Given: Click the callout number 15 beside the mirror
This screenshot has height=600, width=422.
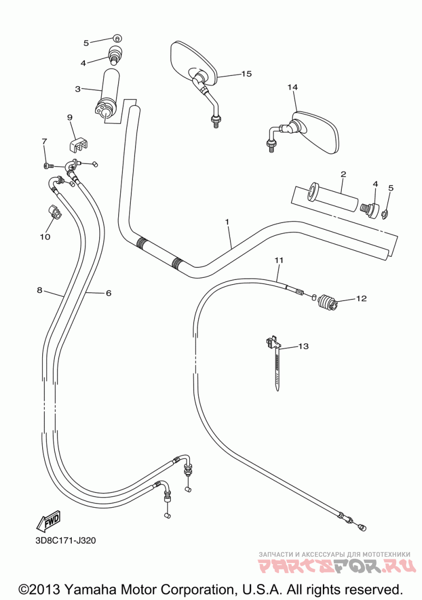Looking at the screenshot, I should click(246, 74).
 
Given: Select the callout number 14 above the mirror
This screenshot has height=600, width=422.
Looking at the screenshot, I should click(293, 87).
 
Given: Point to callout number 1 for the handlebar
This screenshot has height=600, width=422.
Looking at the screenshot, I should click(227, 222).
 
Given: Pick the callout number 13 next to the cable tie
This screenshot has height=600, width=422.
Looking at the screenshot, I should click(303, 346).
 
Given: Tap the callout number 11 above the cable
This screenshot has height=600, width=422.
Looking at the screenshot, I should click(279, 260).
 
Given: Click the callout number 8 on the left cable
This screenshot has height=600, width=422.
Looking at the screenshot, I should click(39, 290).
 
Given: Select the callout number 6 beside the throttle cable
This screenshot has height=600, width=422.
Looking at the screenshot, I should click(108, 293).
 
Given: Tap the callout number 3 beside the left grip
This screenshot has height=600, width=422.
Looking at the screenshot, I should click(78, 89).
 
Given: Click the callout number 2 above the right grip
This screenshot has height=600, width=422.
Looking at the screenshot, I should click(343, 174).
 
